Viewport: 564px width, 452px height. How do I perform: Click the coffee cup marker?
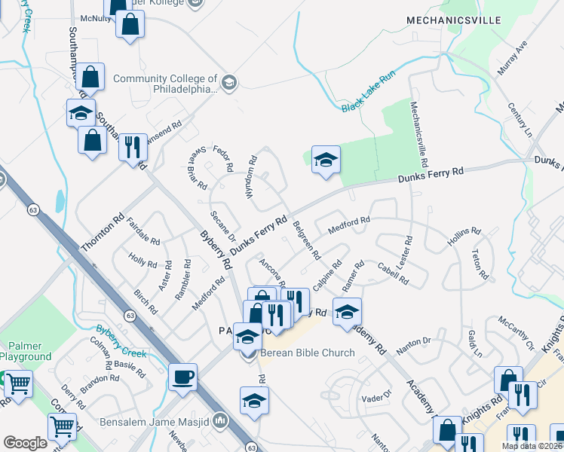pyautogui.click(x=182, y=377)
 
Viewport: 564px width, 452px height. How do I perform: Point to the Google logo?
pyautogui.click(x=25, y=443)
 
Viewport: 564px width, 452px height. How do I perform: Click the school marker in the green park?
pyautogui.click(x=326, y=160)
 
